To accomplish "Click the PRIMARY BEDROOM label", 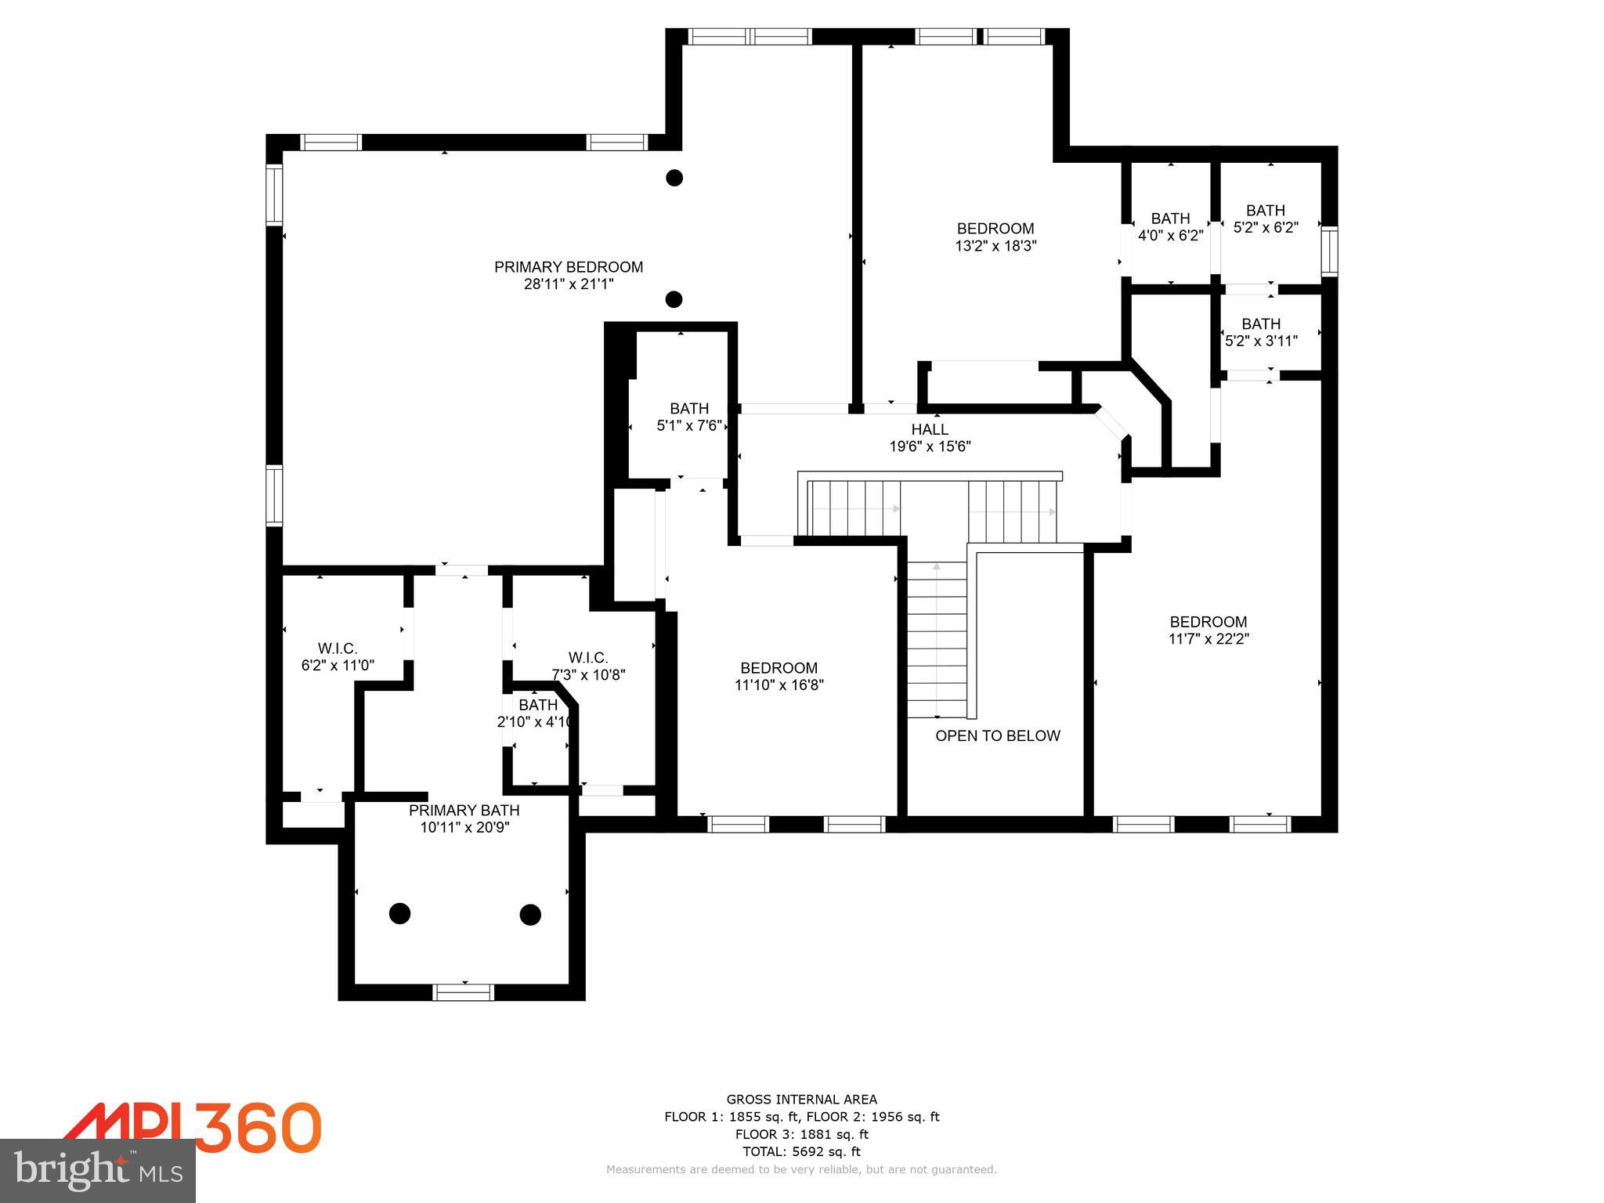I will pos(568,267).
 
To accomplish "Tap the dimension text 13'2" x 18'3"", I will pos(995,246).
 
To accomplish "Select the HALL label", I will pos(930,429).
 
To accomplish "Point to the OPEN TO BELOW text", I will pos(997,735).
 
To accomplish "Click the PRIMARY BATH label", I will pos(464,810).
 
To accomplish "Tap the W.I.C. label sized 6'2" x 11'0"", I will pos(338,648).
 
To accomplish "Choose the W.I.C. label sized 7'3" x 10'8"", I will pos(587,657).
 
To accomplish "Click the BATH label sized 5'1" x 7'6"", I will pos(689,408).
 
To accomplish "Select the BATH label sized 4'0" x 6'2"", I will pos(1170,219).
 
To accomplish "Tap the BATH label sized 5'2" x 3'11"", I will pos(1261,323).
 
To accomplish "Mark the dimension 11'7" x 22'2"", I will pos(1208,639).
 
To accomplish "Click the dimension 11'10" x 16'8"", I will pos(779,685).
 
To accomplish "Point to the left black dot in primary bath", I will pos(399,913).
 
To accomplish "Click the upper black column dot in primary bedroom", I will pos(674,178).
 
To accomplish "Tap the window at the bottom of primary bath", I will pos(463,992).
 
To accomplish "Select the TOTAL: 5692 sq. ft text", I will pos(801,1151).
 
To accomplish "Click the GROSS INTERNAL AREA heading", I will pos(801,1100).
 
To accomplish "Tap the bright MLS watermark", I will pos(98,1171).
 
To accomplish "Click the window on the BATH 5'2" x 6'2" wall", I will pos(1329,252).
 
